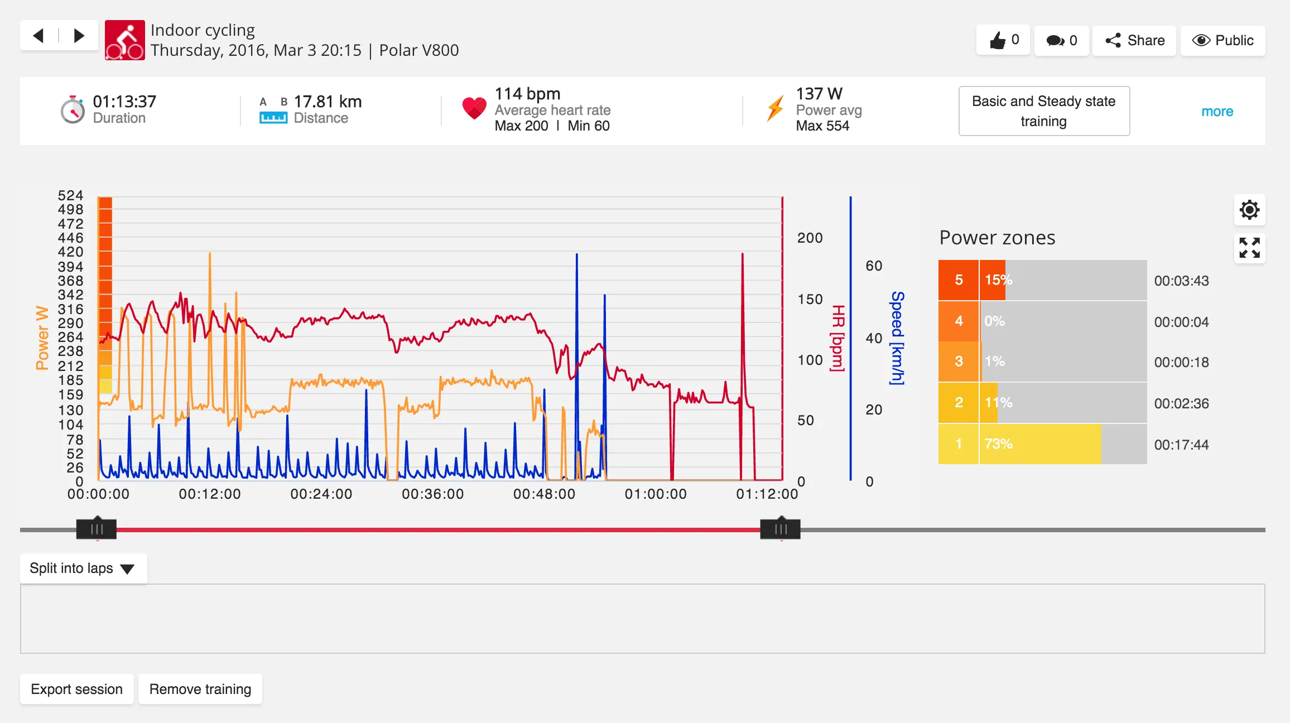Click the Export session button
coord(77,689)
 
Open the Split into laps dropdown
coord(83,568)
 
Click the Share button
coord(1134,41)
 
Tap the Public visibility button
coord(1222,41)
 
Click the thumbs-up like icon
coord(997,40)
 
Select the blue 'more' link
coord(1217,112)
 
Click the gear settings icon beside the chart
coord(1249,210)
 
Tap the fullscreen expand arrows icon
coord(1249,248)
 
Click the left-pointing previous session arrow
coord(38,36)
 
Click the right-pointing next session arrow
coord(79,36)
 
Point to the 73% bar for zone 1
coord(1041,444)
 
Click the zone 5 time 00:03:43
coord(1181,281)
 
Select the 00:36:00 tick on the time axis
coord(432,494)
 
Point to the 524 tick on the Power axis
coord(70,195)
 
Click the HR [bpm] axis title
coord(838,338)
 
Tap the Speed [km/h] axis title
coord(897,338)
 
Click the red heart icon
coord(474,108)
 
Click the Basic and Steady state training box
coord(1044,111)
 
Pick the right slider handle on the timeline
coord(780,529)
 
